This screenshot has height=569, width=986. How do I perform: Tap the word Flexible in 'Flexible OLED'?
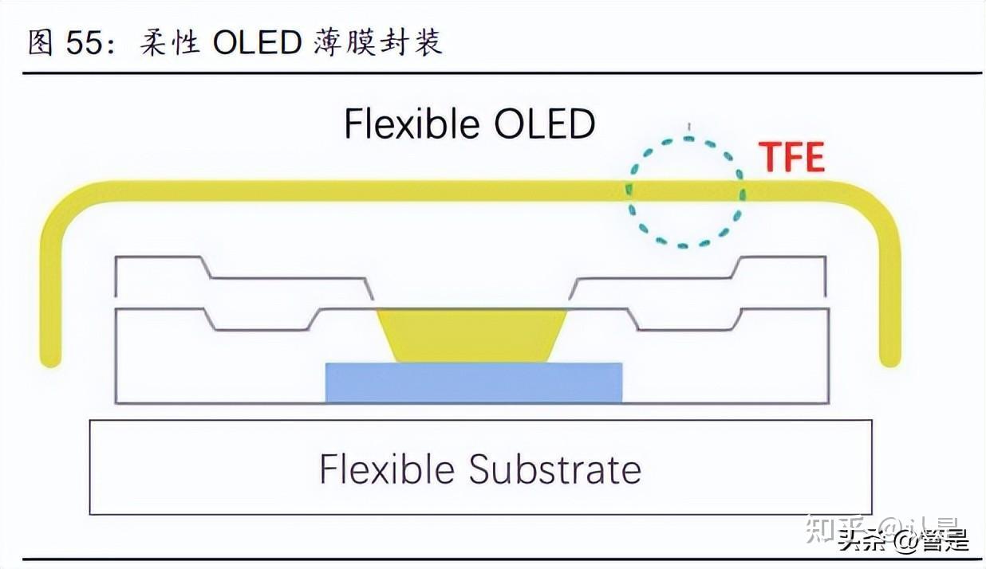tap(412, 124)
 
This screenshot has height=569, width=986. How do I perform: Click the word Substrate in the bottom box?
tap(554, 469)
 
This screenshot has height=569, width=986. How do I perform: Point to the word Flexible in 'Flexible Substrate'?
tap(388, 469)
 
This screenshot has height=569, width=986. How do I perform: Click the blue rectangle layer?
tap(474, 383)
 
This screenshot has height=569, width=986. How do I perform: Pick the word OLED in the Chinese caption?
tap(257, 43)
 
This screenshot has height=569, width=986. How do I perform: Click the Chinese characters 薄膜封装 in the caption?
tap(373, 43)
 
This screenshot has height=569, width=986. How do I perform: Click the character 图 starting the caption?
tap(40, 43)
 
